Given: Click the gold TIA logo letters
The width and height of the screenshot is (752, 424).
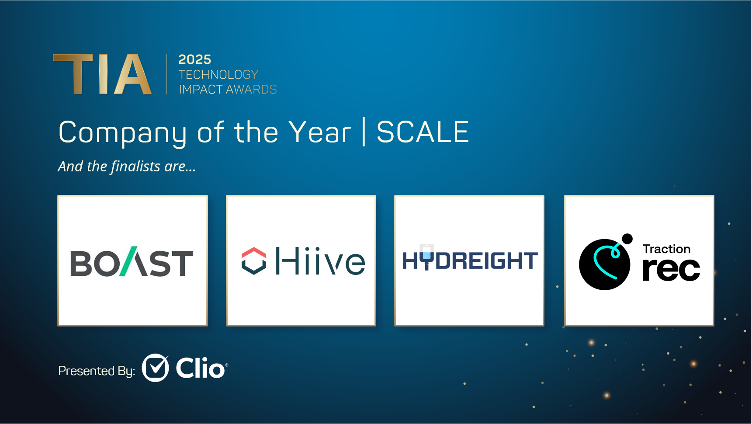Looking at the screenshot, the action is point(103,74).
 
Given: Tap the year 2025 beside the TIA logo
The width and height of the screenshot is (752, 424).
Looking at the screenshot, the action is point(194,59).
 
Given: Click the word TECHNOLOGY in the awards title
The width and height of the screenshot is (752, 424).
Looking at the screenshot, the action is point(218,75).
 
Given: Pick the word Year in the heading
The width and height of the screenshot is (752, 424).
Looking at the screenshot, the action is point(320,132).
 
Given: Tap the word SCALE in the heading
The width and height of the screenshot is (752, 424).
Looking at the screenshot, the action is point(423,132).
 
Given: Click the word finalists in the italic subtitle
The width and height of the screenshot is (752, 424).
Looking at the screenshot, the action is point(135,167).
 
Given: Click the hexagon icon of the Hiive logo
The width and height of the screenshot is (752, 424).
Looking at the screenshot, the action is point(254,261).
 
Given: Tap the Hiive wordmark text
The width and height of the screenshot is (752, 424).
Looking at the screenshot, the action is point(320,261).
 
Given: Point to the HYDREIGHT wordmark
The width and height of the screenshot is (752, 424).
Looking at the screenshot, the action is point(470,260).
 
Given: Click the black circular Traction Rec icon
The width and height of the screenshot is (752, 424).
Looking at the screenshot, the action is point(604,264).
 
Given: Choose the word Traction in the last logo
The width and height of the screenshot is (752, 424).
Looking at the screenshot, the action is point(667,249).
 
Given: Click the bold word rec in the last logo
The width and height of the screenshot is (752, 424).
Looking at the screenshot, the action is point(671,269).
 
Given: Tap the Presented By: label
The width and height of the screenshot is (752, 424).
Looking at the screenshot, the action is point(97,371).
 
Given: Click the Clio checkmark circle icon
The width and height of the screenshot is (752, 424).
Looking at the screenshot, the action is point(156,368).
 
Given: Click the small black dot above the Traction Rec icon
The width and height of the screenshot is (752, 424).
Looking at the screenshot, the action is point(627,239).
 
